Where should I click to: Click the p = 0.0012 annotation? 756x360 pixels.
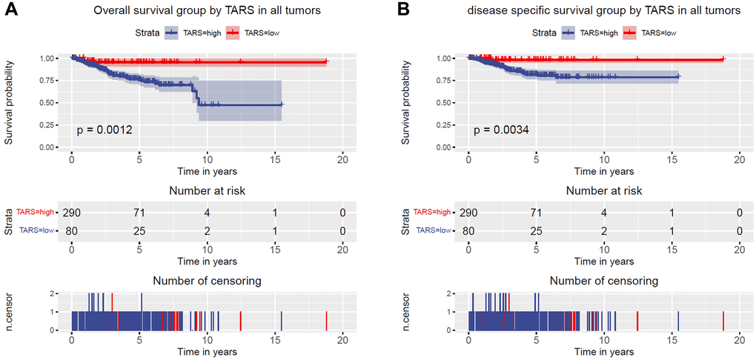(x=105, y=130)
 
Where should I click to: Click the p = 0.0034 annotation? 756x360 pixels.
(x=502, y=130)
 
